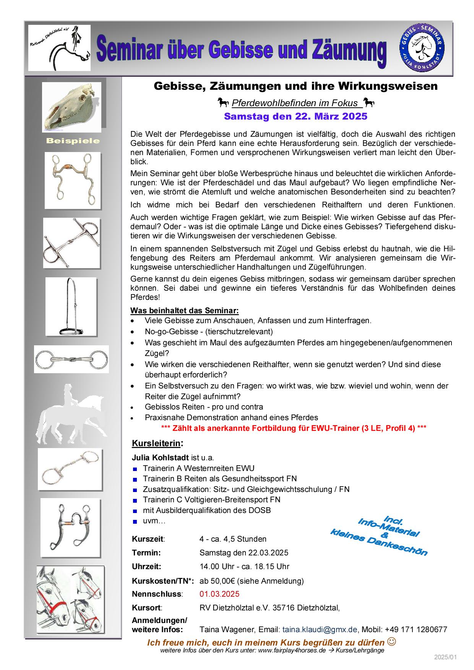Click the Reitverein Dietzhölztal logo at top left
click(59, 48)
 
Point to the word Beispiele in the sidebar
click(73, 141)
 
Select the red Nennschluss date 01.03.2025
click(219, 594)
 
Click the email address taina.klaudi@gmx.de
click(320, 630)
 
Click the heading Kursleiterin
click(156, 443)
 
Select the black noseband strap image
click(71, 307)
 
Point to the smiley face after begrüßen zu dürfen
click(391, 641)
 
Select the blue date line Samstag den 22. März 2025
click(295, 116)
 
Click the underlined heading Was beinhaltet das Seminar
click(185, 310)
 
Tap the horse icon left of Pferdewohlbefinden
click(223, 102)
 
